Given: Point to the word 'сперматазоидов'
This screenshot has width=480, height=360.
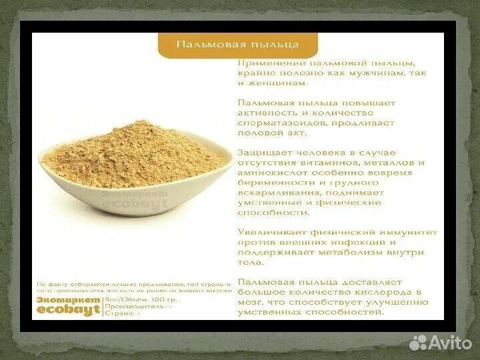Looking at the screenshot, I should tap(272, 124).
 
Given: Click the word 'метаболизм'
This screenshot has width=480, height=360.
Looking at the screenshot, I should tap(352, 253).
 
